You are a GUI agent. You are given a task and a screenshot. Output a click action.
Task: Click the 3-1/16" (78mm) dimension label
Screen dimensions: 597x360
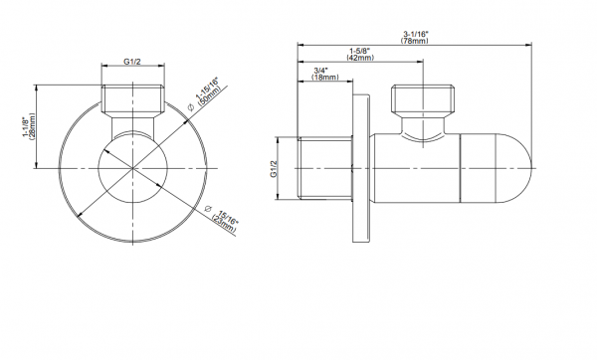(x=415, y=37)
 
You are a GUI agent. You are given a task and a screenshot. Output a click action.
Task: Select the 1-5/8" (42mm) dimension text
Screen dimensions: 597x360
(x=360, y=54)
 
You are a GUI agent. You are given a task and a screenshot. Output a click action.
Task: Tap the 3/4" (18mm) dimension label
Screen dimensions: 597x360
(x=324, y=74)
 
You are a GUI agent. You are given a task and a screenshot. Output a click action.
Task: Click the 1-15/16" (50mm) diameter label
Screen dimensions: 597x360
(x=208, y=92)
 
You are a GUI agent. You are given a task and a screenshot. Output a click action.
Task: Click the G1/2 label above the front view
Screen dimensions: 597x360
(x=132, y=62)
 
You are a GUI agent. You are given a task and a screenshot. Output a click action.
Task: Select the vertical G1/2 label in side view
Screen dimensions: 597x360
(x=274, y=169)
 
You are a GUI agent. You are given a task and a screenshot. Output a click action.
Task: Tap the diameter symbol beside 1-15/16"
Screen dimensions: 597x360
(x=191, y=107)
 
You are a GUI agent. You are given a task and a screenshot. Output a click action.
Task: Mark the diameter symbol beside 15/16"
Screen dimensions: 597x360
(x=208, y=208)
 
